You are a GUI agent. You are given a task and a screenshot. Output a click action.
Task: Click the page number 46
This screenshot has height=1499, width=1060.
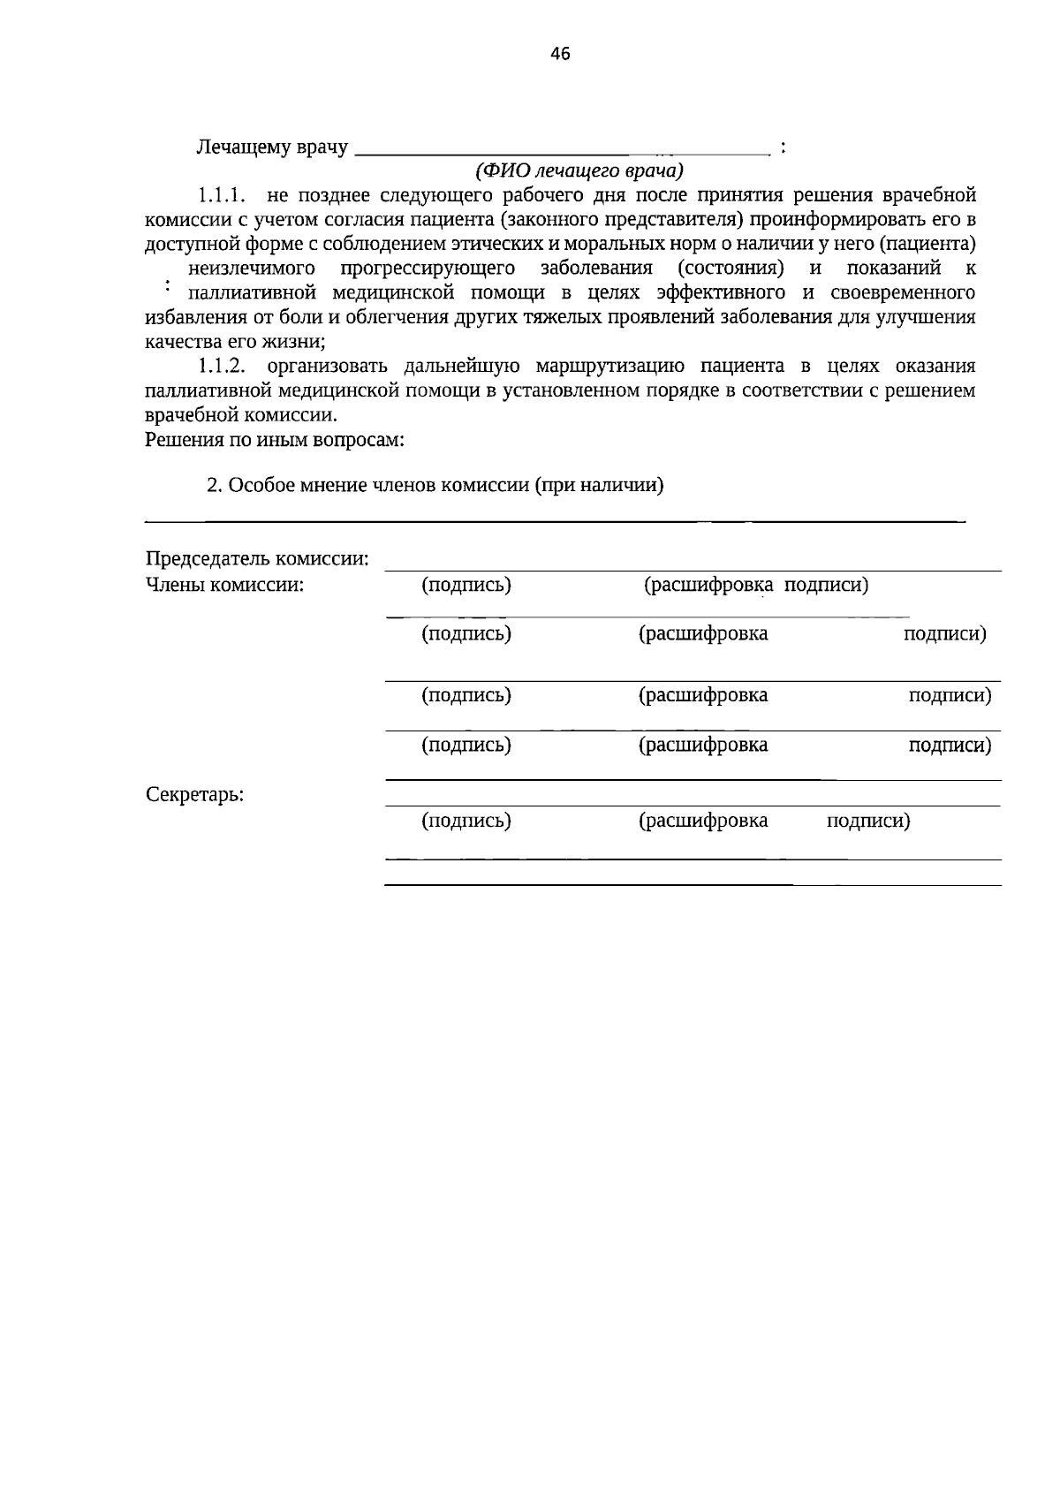(x=560, y=54)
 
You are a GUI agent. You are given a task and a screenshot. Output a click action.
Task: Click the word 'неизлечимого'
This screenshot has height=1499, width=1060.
(x=253, y=268)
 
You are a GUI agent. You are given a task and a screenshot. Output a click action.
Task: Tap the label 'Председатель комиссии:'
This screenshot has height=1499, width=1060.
(x=257, y=559)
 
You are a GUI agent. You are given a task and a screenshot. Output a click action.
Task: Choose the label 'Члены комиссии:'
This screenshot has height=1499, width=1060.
(x=224, y=585)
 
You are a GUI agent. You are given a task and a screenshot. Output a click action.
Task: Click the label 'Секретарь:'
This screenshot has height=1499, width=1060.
(x=194, y=794)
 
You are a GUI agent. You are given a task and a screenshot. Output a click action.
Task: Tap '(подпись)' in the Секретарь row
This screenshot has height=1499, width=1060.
(x=466, y=821)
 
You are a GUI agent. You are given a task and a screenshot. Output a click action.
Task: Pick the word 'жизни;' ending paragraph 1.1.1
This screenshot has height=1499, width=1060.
(x=298, y=342)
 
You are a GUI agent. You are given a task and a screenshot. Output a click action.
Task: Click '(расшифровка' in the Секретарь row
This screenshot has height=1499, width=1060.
(x=703, y=821)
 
